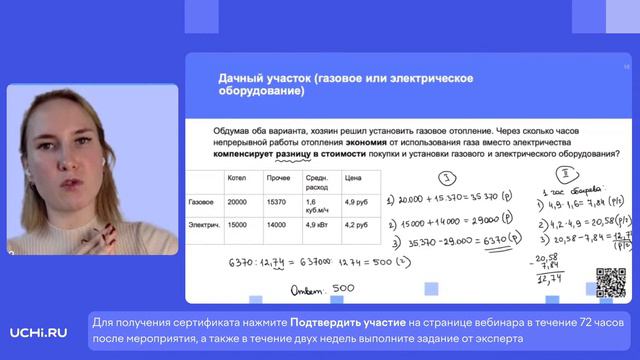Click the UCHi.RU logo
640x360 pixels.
tap(40, 332)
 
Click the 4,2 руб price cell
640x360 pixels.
tap(356, 225)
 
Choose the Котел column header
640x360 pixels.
tap(237, 178)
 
